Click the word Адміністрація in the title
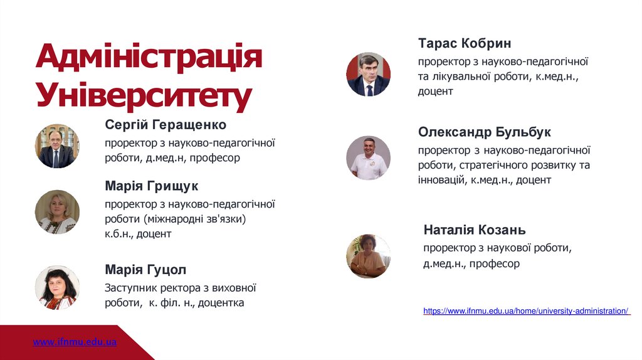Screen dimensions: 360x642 pyautogui.click(x=149, y=58)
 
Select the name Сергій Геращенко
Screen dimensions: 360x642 pyautogui.click(x=166, y=125)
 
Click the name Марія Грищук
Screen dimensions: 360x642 pyautogui.click(x=152, y=186)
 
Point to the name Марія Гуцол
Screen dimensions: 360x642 pyautogui.click(x=145, y=270)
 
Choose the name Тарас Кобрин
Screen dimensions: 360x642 pyautogui.click(x=465, y=43)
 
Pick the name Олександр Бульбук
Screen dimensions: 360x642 pyautogui.click(x=485, y=132)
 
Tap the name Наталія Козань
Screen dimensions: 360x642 pyautogui.click(x=475, y=230)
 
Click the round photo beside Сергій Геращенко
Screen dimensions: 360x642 pyautogui.click(x=57, y=146)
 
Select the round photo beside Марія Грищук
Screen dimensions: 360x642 pyautogui.click(x=57, y=212)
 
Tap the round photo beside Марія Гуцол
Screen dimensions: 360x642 pyautogui.click(x=57, y=288)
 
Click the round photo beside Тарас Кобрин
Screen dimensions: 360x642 pyautogui.click(x=368, y=74)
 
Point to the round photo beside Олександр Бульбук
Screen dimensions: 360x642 pyautogui.click(x=368, y=158)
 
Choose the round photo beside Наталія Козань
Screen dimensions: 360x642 pyautogui.click(x=368, y=257)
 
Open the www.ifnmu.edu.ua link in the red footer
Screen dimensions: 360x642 pyautogui.click(x=75, y=342)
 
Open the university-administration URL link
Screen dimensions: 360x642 pyautogui.click(x=526, y=311)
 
